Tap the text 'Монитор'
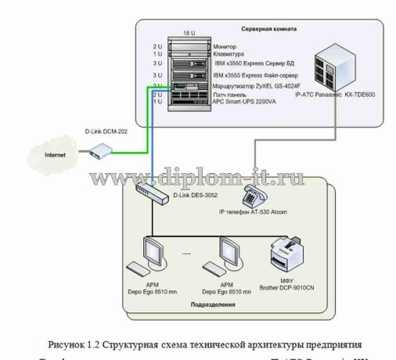[225, 46]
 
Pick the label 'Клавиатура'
[229, 53]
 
